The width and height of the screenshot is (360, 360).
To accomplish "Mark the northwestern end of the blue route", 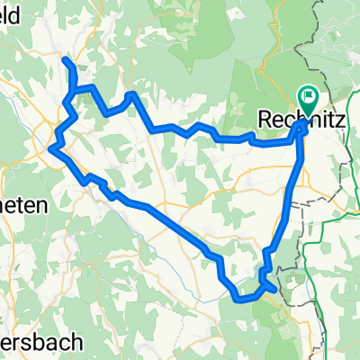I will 65,59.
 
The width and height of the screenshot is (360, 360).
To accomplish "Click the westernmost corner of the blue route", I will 50,148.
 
